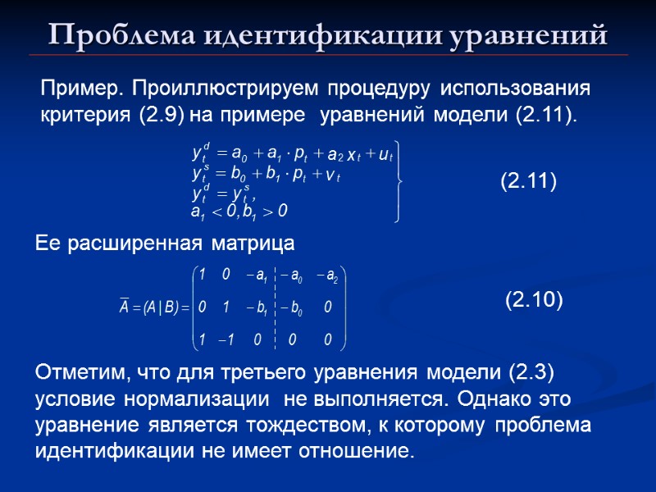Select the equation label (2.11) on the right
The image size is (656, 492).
tap(528, 180)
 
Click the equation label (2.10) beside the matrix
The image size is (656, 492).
tap(533, 301)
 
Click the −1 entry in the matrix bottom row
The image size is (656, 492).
tap(229, 339)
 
